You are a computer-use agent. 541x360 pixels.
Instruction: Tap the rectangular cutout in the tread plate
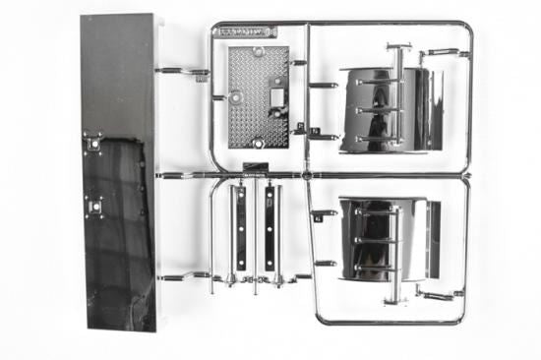[x=276, y=97]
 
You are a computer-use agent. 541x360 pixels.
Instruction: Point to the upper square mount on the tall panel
[x=94, y=143]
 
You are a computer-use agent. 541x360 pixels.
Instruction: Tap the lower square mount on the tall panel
[x=95, y=208]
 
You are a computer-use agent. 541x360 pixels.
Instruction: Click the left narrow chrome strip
[x=240, y=228]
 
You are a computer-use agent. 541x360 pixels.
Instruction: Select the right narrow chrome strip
[x=269, y=228]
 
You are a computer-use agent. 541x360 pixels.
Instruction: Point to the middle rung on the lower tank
[x=376, y=239]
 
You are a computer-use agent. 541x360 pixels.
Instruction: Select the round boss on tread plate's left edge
[x=234, y=97]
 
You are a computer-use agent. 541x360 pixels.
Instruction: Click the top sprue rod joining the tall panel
[x=181, y=71]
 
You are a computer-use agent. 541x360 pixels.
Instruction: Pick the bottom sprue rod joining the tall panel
[x=182, y=276]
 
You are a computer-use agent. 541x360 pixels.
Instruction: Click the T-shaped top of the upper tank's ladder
[x=398, y=46]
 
